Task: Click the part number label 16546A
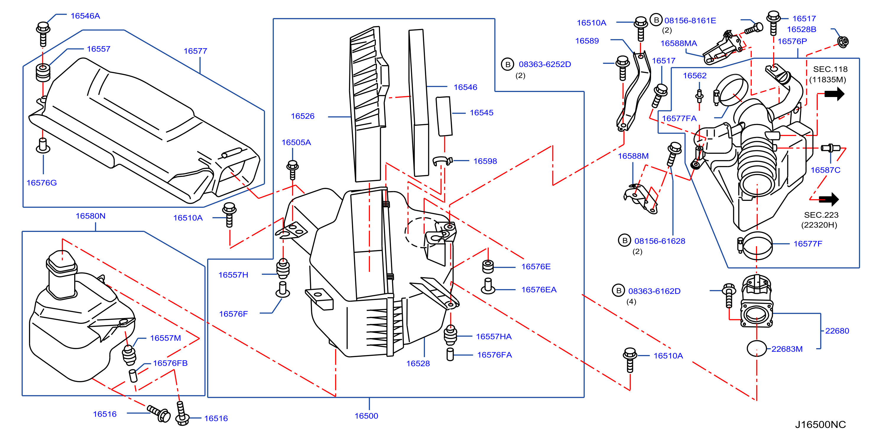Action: tap(85, 16)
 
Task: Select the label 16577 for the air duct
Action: tap(195, 51)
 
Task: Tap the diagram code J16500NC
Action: tap(820, 425)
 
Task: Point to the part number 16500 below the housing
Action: tap(366, 416)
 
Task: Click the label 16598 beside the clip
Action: tap(485, 161)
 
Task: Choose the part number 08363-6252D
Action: tap(545, 64)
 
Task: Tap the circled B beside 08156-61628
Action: tap(624, 241)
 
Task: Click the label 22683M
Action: tap(787, 349)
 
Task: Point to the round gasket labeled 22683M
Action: tap(757, 349)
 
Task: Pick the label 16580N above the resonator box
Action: tap(90, 216)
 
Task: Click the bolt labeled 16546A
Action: tap(43, 34)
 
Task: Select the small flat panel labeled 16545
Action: tap(444, 116)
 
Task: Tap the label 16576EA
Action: tap(539, 290)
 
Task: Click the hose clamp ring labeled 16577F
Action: tap(757, 246)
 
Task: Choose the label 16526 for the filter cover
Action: tap(303, 116)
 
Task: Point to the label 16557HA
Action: tap(494, 336)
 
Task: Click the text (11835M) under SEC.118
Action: tap(827, 80)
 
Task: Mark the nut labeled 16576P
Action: tap(843, 42)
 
